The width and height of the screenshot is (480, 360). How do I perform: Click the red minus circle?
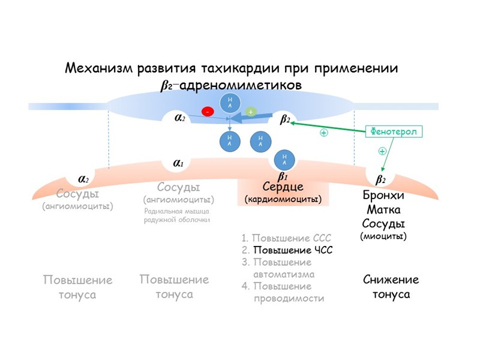[208, 112]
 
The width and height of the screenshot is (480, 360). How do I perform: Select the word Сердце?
[283, 187]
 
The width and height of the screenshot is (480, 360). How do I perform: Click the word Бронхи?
[384, 196]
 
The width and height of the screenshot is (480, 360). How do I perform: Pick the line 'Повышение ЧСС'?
[293, 250]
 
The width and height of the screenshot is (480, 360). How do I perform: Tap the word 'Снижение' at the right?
[391, 280]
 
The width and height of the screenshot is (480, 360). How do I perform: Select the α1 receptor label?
[178, 163]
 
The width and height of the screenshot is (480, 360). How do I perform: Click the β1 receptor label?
[282, 176]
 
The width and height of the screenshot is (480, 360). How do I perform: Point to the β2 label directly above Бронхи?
[380, 179]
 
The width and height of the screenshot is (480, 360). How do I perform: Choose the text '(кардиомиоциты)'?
[283, 199]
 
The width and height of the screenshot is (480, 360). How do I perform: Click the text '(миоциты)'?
[383, 236]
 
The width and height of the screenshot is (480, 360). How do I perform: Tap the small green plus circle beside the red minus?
[250, 112]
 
